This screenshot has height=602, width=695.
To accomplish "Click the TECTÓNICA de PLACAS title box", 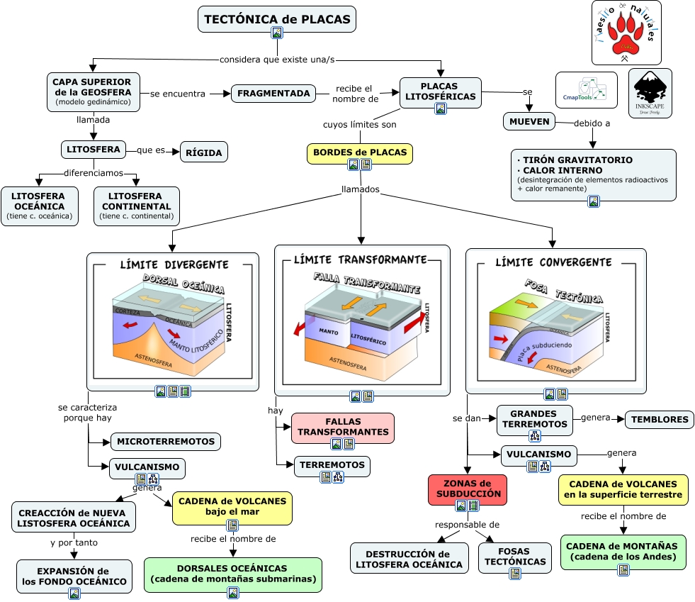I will coord(276,19).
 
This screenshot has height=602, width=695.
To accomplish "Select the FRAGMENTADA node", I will coord(273,93).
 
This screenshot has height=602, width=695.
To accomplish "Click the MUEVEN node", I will coord(529,121).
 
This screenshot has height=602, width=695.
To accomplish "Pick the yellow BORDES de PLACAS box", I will coord(359,152).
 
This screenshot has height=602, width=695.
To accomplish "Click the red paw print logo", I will coord(626,33).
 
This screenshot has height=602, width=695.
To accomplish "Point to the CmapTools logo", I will coord(586,89).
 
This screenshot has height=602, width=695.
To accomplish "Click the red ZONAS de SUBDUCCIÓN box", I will coord(468,489).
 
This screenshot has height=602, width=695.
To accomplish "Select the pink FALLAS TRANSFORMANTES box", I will coord(343,428).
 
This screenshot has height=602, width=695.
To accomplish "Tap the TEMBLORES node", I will coord(658,419).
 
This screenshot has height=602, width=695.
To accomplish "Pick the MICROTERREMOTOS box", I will coord(166,441).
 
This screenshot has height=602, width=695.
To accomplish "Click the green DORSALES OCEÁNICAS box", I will coord(232,574).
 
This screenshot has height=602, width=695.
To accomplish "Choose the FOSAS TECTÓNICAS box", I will coord(515,557).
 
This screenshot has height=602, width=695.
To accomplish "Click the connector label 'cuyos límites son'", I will coord(359,125).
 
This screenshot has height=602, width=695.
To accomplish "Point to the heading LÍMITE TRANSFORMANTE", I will coord(361,260).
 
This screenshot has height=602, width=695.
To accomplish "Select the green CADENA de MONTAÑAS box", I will coord(623,552).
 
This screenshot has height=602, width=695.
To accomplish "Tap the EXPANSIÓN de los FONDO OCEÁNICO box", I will coord(74,576).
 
